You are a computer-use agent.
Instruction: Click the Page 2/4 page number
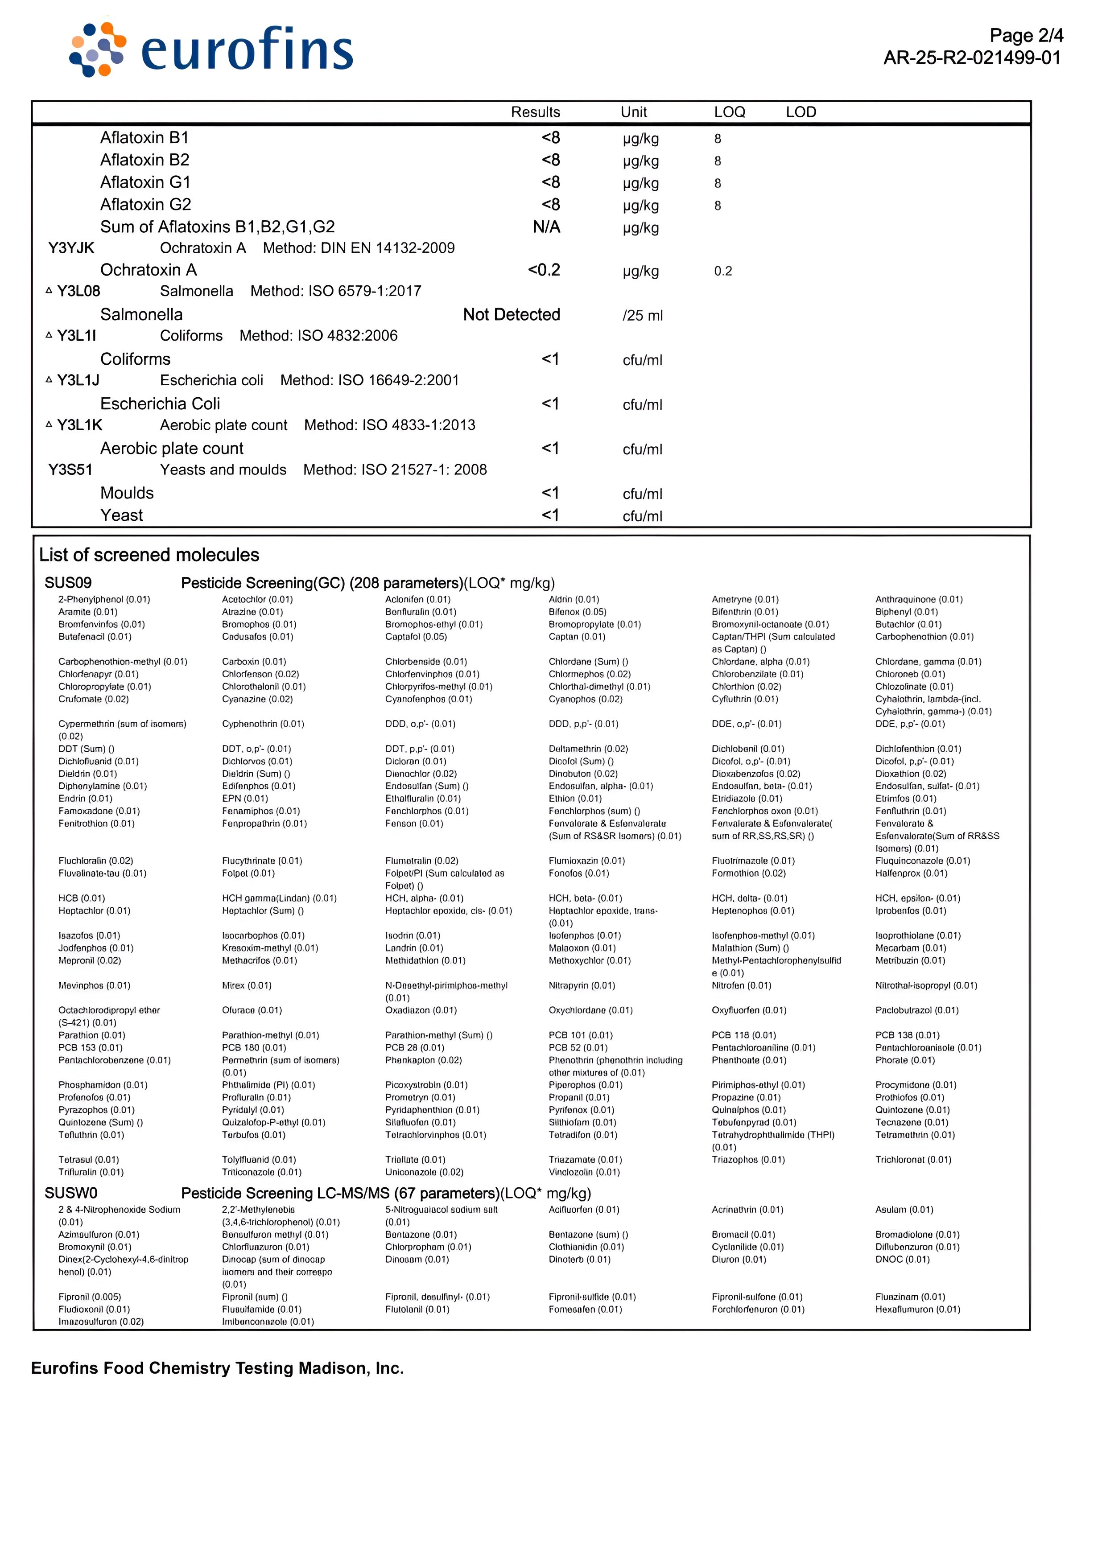(1026, 35)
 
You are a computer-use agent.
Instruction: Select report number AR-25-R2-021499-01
(972, 58)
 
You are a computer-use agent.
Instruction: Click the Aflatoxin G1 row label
(145, 183)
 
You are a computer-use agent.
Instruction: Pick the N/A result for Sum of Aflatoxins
(546, 227)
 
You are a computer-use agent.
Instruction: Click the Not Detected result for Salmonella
(512, 315)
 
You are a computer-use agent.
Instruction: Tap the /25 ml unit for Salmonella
(642, 316)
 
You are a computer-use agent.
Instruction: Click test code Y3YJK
(71, 248)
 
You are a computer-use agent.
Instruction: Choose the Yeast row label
(121, 516)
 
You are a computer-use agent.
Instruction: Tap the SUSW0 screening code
(71, 1193)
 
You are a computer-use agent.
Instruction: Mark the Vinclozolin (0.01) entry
(584, 1172)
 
